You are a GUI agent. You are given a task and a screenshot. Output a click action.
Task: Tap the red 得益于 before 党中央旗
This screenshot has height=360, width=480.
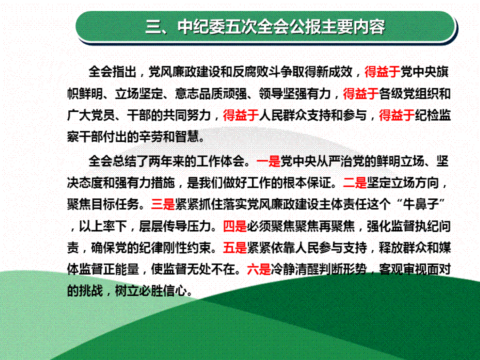point(382,72)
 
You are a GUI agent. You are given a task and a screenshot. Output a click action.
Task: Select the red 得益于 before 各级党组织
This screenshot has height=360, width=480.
point(361,94)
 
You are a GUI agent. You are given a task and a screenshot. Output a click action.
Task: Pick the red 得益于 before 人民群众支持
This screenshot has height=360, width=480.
point(241,116)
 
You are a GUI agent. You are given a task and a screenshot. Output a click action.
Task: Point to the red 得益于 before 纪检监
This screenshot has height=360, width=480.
point(397,116)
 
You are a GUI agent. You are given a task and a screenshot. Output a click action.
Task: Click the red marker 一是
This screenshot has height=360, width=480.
point(268,161)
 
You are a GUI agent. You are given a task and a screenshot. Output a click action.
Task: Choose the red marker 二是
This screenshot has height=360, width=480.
point(355,183)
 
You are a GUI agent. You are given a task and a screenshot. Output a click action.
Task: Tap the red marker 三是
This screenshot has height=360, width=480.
point(163,204)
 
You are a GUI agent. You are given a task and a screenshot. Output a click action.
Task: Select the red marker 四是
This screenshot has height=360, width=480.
point(235,227)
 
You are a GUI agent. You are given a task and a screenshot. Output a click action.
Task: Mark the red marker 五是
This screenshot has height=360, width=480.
point(235,248)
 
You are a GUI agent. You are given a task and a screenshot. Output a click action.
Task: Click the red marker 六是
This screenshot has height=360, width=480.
point(259,270)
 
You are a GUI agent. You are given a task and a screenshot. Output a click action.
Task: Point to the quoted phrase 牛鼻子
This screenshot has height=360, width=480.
point(421,204)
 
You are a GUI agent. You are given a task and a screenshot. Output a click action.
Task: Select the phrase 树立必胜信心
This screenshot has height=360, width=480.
point(151,291)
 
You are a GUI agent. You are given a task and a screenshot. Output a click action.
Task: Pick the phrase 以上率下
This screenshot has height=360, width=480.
point(103,227)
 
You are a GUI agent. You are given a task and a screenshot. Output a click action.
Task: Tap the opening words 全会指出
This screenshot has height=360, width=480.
point(113,72)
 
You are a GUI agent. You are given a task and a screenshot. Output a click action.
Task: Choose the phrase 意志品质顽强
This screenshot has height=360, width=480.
point(211,94)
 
